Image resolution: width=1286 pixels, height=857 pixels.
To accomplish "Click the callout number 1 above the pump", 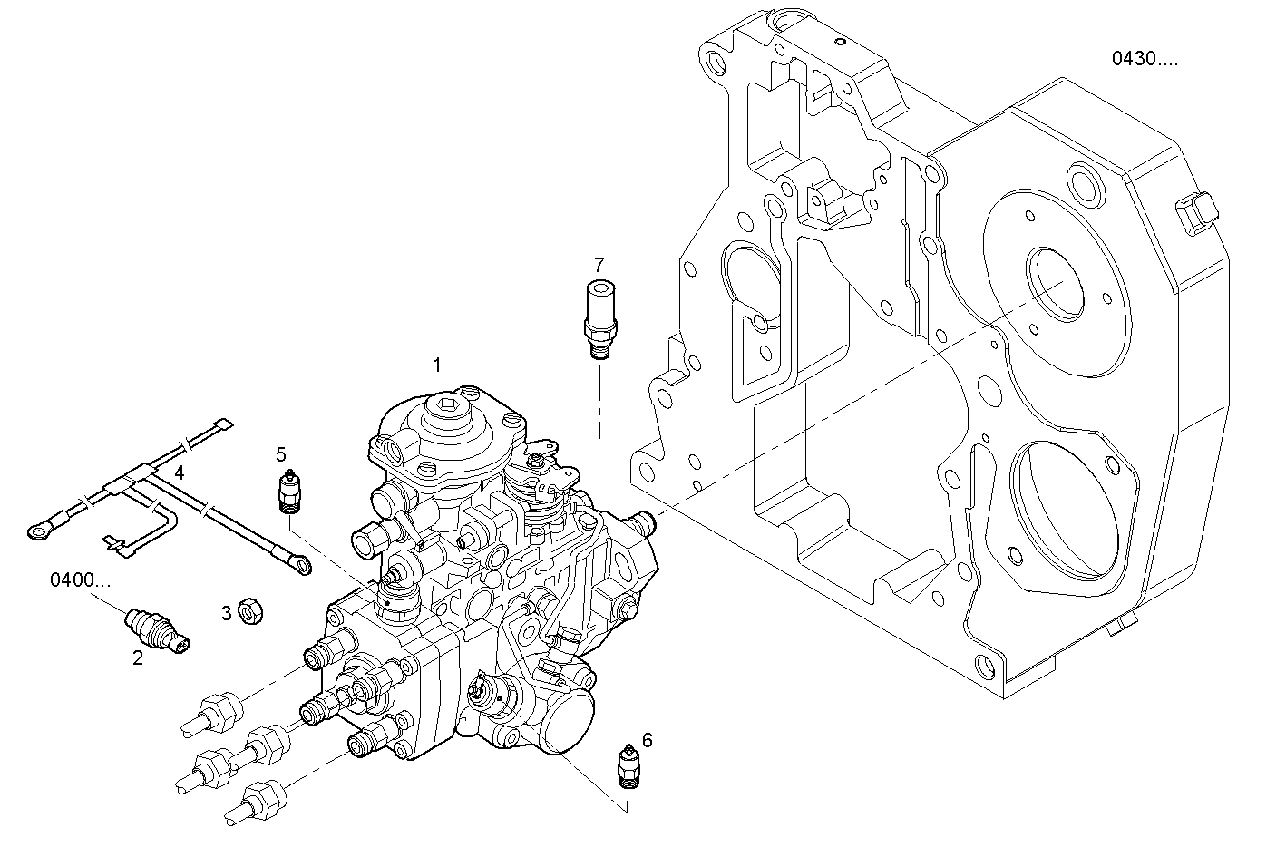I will (436, 365).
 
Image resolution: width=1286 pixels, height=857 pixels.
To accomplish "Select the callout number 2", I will (138, 658).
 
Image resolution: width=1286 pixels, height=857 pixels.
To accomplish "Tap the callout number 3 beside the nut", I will (226, 613).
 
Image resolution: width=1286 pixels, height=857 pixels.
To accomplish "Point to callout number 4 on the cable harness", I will (180, 472).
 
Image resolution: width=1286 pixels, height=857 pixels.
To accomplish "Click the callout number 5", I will (281, 453).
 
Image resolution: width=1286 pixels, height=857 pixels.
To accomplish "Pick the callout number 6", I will (647, 740).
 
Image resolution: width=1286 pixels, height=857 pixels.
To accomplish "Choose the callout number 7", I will (599, 265).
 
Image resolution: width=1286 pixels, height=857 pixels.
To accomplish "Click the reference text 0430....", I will (1145, 59).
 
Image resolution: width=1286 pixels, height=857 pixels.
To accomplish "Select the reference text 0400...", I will (81, 579).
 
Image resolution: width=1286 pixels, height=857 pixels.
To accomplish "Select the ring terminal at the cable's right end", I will (300, 566).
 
